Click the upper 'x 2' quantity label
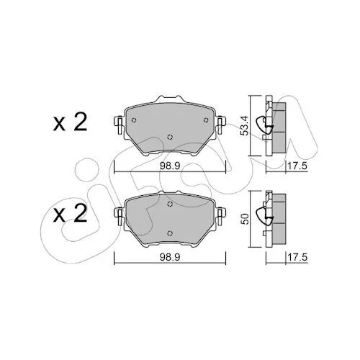(70, 122)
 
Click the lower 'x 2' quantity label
(70, 214)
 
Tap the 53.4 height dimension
(245, 126)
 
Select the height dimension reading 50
(245, 219)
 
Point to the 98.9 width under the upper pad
(170, 166)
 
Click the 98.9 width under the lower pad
(170, 257)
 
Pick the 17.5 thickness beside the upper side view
(297, 166)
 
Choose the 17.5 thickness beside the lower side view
(297, 257)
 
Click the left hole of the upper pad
(134, 120)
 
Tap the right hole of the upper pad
(206, 120)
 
